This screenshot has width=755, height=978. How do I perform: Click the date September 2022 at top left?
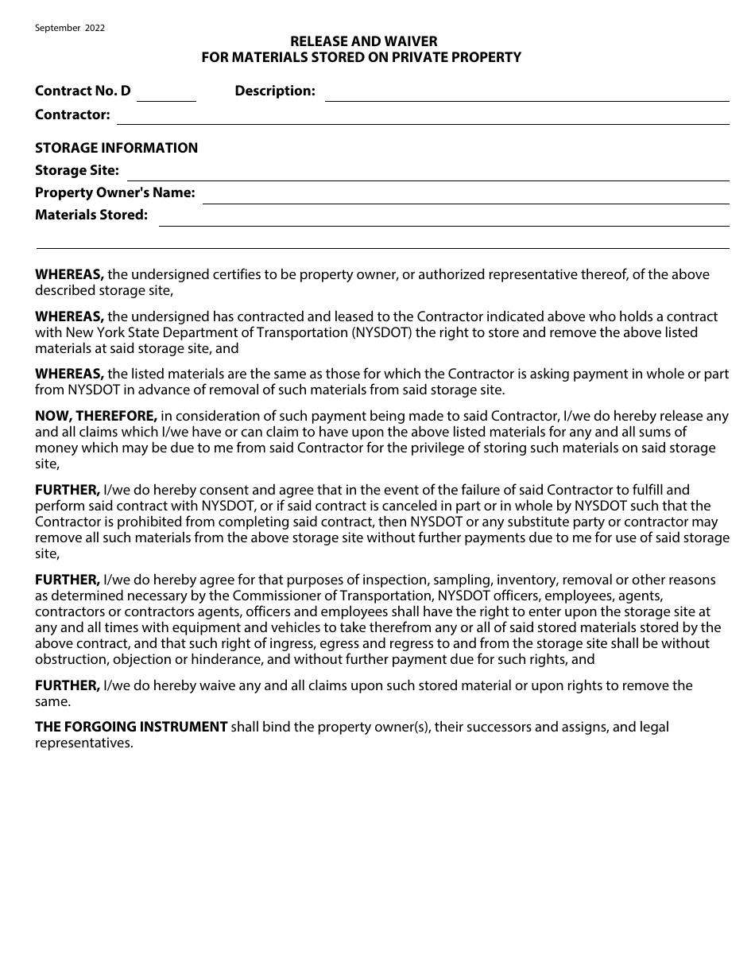pos(70,28)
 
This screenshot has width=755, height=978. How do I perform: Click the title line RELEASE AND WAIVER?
pos(363,41)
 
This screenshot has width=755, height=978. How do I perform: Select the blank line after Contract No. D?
pos(167,95)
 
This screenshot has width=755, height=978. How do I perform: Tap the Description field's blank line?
pos(526,95)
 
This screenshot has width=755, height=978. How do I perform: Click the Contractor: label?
pos(72,114)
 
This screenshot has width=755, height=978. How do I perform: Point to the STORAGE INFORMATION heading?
pos(116,148)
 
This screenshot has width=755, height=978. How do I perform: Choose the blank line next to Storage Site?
pos(428,175)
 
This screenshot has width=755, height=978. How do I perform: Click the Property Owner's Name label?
pos(114,192)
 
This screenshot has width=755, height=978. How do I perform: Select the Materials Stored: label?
pos(91,215)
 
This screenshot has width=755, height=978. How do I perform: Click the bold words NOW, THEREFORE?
pos(96,416)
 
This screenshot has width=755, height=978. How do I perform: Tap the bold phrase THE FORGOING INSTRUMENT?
pos(131,727)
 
